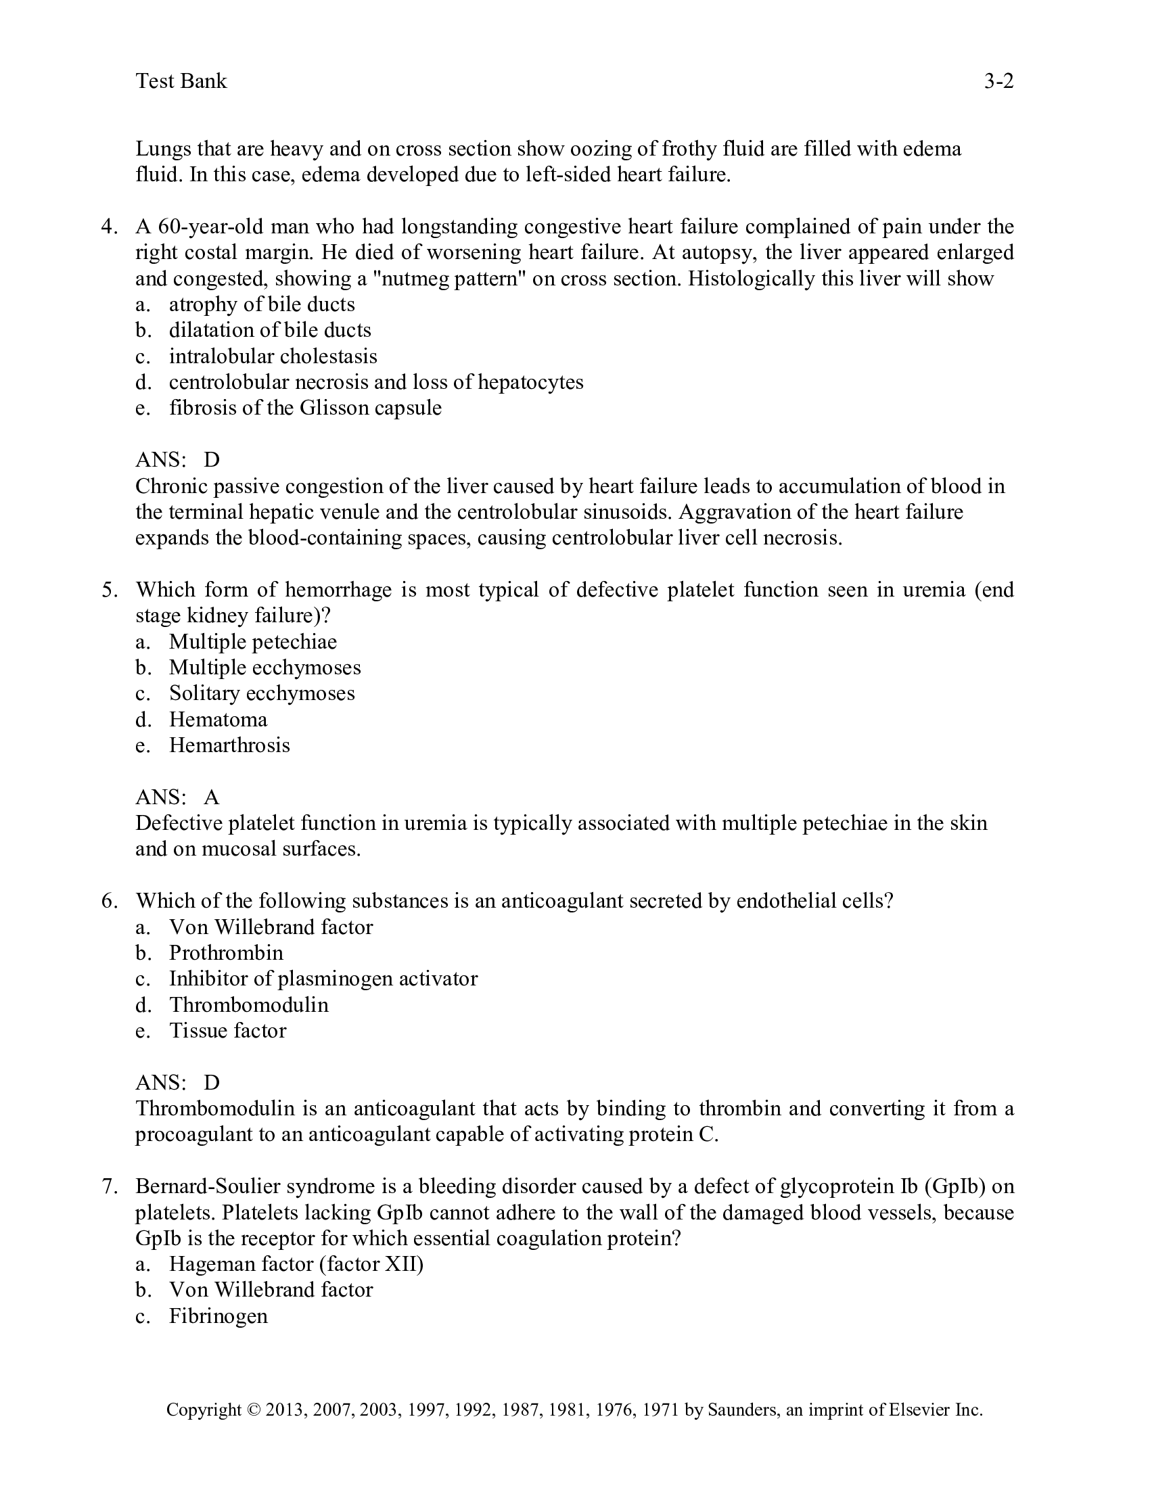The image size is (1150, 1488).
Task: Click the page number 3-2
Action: (998, 81)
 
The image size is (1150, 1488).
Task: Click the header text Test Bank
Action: (181, 81)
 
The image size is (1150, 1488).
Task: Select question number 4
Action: (109, 226)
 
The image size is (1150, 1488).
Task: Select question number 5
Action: (109, 589)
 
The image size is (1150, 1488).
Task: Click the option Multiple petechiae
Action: (253, 642)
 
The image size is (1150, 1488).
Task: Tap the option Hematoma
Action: (218, 720)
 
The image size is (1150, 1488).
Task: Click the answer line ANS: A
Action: (177, 797)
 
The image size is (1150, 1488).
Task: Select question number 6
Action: (109, 901)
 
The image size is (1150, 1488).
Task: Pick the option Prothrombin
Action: (225, 953)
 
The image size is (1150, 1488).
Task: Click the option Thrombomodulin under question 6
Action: (249, 1005)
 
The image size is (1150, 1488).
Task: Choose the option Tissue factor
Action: (227, 1031)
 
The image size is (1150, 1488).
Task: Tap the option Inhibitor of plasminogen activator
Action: (323, 979)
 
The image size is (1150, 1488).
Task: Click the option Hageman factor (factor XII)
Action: (296, 1265)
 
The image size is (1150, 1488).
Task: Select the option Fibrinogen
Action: (218, 1316)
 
